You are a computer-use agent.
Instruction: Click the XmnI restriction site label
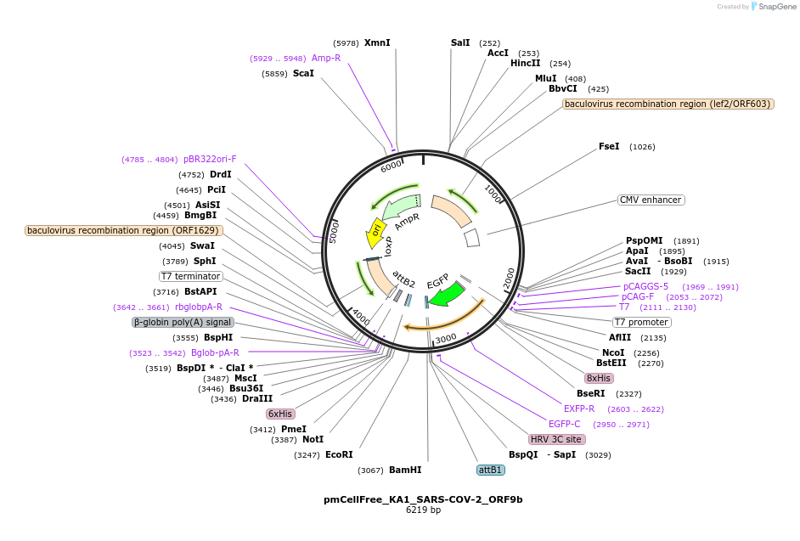pos(377,42)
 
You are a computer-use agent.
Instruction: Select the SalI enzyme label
pos(460,42)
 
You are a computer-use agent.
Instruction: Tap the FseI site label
pos(609,146)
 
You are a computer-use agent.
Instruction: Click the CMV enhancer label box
pos(651,200)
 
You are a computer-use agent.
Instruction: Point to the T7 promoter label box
pos(642,322)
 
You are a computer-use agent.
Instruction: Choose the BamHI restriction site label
pos(404,470)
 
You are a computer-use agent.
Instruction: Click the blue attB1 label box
pos(491,470)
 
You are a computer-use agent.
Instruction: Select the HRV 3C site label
pos(556,440)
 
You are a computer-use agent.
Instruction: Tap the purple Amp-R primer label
pos(326,58)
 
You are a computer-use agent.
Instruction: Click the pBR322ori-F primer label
pos(210,159)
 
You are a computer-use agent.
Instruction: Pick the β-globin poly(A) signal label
pos(183,323)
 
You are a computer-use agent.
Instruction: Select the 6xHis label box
pos(280,414)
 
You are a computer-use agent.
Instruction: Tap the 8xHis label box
pos(598,378)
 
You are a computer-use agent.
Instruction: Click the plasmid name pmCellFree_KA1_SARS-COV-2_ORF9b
pos(423,499)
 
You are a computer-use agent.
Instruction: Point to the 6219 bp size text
pos(423,510)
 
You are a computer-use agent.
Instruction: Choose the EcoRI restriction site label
pos(339,454)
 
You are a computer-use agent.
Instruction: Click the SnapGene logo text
pos(776,7)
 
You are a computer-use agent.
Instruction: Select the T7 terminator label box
pos(191,276)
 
